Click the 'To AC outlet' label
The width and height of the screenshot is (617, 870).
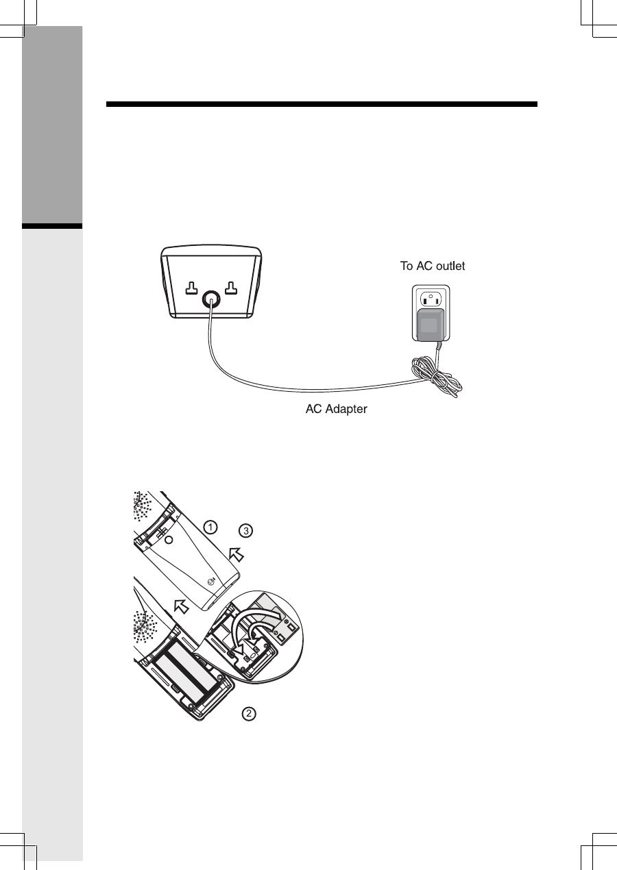coord(433,266)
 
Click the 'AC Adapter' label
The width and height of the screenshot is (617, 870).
coord(336,410)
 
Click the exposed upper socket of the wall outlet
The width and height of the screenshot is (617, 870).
coord(429,299)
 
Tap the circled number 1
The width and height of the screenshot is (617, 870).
coord(211,527)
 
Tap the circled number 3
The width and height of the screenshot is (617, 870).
coord(246,530)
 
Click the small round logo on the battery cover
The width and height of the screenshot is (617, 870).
coord(212,581)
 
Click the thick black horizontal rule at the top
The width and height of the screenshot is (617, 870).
coord(322,105)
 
